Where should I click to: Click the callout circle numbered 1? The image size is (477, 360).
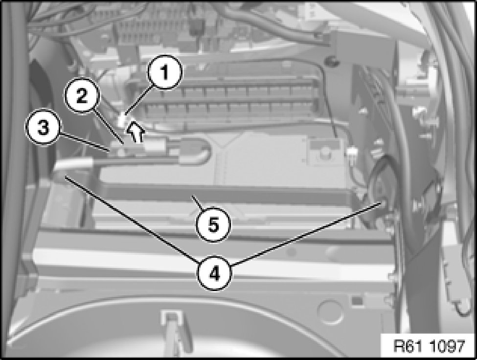pyautogui.click(x=164, y=72)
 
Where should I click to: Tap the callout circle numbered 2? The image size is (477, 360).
pyautogui.click(x=82, y=96)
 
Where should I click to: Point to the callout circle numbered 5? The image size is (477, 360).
pyautogui.click(x=213, y=225)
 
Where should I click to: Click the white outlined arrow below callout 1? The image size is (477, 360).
pyautogui.click(x=135, y=132)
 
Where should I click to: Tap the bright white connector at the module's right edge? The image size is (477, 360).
pyautogui.click(x=352, y=151)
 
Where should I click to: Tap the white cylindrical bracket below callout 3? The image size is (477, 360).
pyautogui.click(x=73, y=164)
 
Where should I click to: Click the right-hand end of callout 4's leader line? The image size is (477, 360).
pyautogui.click(x=382, y=203)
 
